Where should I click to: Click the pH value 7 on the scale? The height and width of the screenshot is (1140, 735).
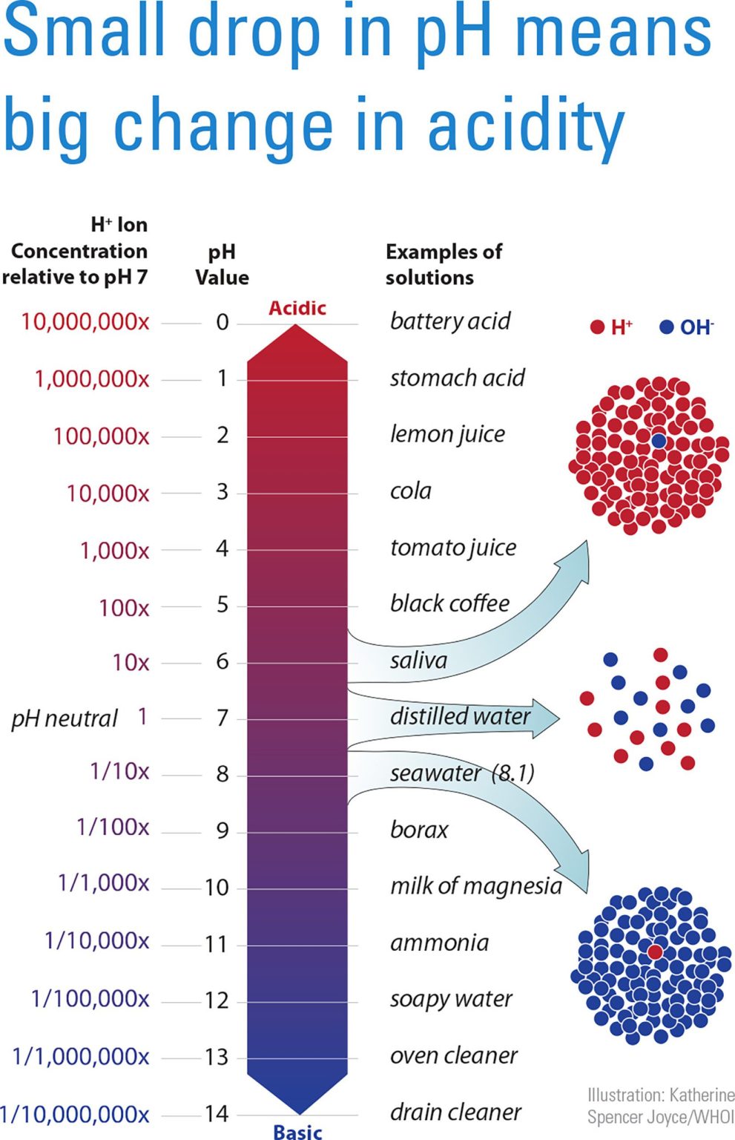click(x=222, y=718)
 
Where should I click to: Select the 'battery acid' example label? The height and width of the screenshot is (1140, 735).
click(x=449, y=321)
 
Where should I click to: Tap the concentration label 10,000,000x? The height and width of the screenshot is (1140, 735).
click(x=85, y=321)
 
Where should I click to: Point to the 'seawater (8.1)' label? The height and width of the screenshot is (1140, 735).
click(x=462, y=773)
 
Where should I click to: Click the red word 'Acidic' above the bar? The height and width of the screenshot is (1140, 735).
click(x=297, y=308)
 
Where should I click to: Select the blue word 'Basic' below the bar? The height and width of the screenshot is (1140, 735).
click(x=297, y=1131)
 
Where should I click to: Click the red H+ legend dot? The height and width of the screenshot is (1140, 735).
click(x=597, y=327)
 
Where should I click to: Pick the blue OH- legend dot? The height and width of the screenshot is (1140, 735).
click(x=666, y=327)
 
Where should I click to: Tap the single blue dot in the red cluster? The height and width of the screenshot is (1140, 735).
click(x=658, y=440)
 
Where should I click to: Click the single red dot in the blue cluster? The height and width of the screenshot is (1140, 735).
click(x=654, y=951)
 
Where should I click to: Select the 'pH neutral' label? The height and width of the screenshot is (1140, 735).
click(x=65, y=718)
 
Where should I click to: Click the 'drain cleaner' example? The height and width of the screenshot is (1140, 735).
click(x=455, y=1112)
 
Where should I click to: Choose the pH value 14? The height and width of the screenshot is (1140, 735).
click(x=217, y=1113)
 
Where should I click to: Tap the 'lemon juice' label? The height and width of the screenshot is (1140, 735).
click(x=447, y=434)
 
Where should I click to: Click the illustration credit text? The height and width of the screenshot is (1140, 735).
click(x=660, y=1106)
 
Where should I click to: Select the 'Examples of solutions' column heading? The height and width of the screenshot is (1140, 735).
click(x=443, y=264)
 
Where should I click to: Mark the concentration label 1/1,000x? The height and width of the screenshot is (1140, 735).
click(x=103, y=882)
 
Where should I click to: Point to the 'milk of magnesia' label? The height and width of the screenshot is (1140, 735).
click(x=475, y=885)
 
